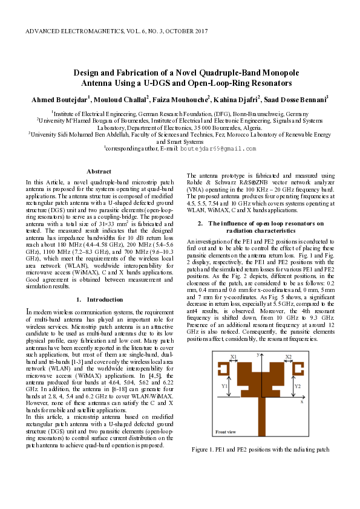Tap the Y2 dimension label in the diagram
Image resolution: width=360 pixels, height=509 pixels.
pyautogui.click(x=296, y=385)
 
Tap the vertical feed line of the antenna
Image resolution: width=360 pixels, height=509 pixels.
pyautogui.click(x=261, y=417)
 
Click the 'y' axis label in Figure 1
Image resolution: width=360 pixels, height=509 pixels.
pyautogui.click(x=258, y=353)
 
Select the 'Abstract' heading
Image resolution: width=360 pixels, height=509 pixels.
pyautogui.click(x=99, y=172)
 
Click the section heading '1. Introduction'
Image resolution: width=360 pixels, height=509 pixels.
pyautogui.click(x=99, y=299)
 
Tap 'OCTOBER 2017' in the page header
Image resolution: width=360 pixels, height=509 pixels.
pyautogui.click(x=183, y=30)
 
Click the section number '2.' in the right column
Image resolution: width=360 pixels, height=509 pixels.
pyautogui.click(x=200, y=224)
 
